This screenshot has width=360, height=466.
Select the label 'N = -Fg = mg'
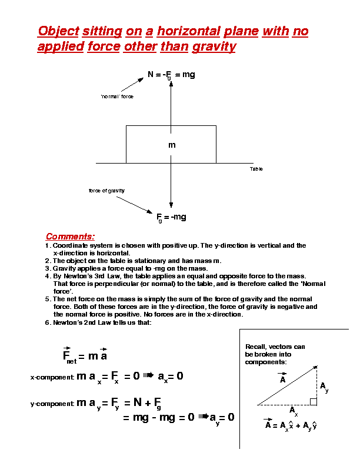(171, 75)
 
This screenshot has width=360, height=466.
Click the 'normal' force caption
(117, 96)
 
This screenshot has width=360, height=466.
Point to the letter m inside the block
(172, 145)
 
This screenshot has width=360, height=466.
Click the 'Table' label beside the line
(256, 169)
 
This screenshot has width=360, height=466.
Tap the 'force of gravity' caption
(106, 191)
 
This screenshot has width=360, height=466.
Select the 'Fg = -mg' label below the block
(171, 217)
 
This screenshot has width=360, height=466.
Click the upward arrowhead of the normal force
(171, 84)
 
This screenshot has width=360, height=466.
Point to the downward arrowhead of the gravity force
(171, 205)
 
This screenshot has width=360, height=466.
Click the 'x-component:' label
(52, 377)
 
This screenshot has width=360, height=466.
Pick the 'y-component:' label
(52, 404)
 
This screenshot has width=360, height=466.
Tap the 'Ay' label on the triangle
(324, 387)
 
